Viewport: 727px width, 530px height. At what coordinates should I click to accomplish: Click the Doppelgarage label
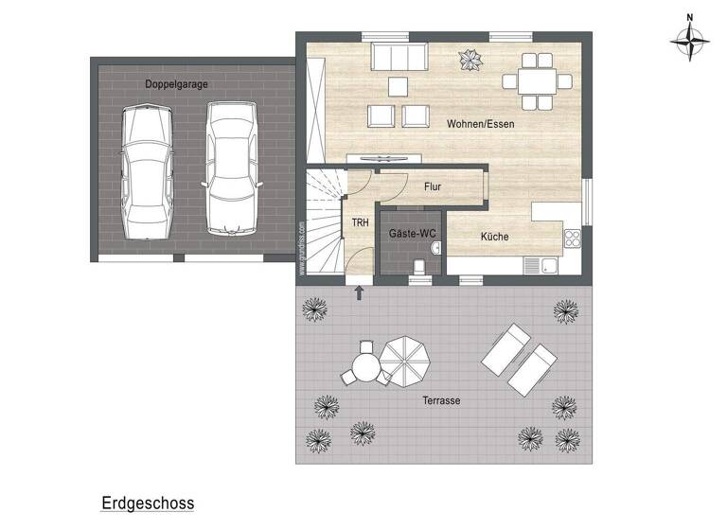click(x=176, y=84)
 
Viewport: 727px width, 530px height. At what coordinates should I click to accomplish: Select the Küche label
click(x=494, y=238)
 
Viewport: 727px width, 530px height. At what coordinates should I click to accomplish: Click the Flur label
click(x=433, y=186)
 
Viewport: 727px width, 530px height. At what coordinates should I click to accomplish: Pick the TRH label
click(x=360, y=223)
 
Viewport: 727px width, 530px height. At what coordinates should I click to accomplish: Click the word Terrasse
click(x=441, y=400)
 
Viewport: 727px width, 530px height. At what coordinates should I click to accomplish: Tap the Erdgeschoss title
click(x=147, y=503)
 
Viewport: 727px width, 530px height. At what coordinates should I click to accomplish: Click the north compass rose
click(x=690, y=41)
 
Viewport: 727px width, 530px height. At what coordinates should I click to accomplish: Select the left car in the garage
click(x=147, y=171)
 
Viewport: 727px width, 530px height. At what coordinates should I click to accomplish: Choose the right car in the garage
click(x=231, y=166)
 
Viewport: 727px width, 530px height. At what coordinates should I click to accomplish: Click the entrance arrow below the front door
click(x=359, y=291)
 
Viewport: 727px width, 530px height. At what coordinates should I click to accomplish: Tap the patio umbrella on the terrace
click(x=405, y=362)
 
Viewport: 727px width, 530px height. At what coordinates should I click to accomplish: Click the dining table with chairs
click(x=537, y=79)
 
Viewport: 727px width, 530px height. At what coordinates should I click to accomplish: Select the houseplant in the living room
click(x=470, y=62)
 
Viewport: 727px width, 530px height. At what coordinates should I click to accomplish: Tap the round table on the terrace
click(x=364, y=363)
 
